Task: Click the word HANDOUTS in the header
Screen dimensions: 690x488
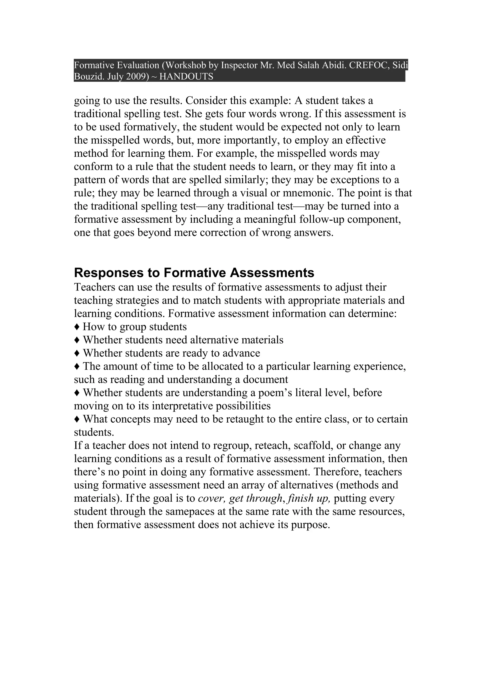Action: tap(186, 77)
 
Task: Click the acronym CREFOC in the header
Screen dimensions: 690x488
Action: tap(369, 65)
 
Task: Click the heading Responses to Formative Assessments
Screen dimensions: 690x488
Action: tap(194, 273)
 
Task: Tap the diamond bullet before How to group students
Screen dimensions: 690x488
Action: tap(77, 327)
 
